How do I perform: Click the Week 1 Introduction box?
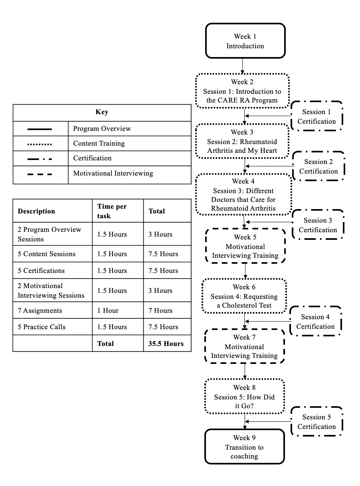pyautogui.click(x=245, y=41)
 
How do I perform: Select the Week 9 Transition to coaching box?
pyautogui.click(x=245, y=446)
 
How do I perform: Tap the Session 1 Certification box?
pyautogui.click(x=316, y=116)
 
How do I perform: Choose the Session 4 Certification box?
pyautogui.click(x=315, y=321)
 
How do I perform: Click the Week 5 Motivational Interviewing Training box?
pyautogui.click(x=245, y=246)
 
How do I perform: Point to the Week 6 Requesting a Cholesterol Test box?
pyautogui.click(x=244, y=296)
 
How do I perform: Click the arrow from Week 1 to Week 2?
pyautogui.click(x=242, y=66)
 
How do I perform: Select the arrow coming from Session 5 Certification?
pyautogui.click(x=268, y=421)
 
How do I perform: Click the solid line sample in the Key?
pyautogui.click(x=40, y=129)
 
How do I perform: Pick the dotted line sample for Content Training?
pyautogui.click(x=40, y=144)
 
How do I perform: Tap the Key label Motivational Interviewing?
pyautogui.click(x=113, y=173)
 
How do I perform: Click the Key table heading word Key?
pyautogui.click(x=102, y=112)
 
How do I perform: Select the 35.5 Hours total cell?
pyautogui.click(x=166, y=344)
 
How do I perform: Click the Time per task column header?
pyautogui.click(x=112, y=211)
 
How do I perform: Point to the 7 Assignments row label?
pyautogui.click(x=40, y=310)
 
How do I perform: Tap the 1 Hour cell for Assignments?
pyautogui.click(x=108, y=310)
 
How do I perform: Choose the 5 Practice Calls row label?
pyautogui.click(x=42, y=327)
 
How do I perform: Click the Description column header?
pyautogui.click(x=36, y=211)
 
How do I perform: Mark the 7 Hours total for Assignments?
pyautogui.click(x=160, y=310)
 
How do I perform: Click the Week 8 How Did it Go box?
pyautogui.click(x=245, y=396)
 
